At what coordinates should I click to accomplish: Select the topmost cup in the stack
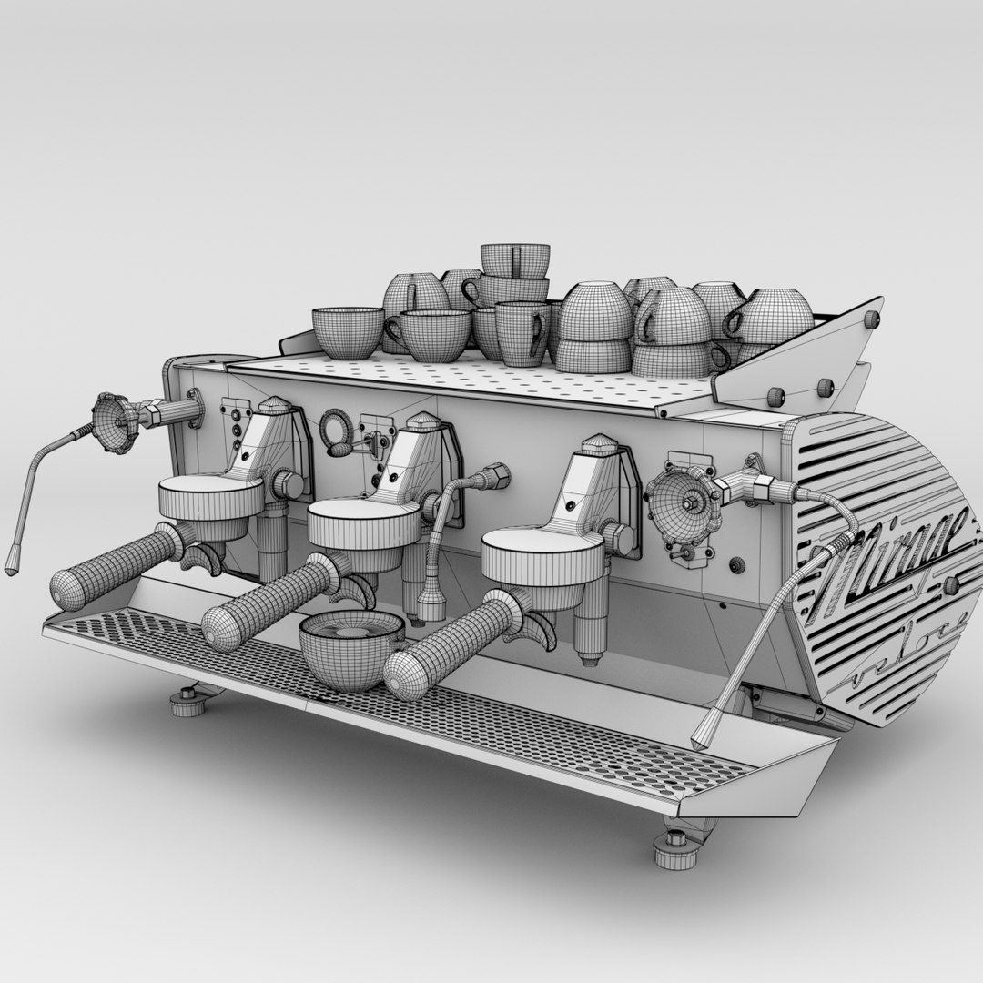pyautogui.click(x=515, y=259)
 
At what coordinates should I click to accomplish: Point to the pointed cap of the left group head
pyautogui.click(x=274, y=403)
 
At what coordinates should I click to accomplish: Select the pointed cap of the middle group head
pyautogui.click(x=422, y=421)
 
